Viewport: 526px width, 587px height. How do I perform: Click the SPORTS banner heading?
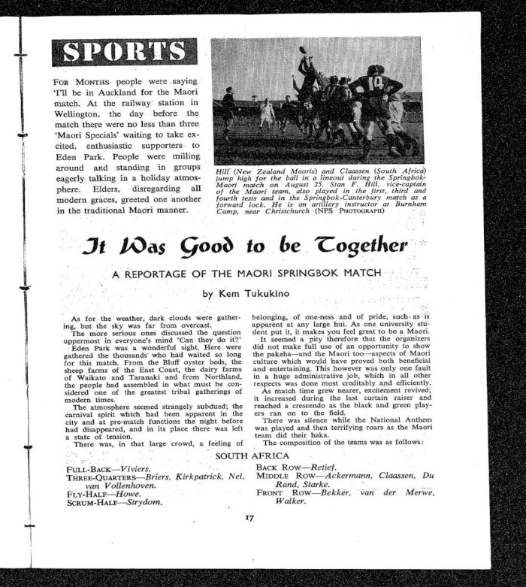point(124,52)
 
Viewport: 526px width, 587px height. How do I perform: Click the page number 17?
point(251,517)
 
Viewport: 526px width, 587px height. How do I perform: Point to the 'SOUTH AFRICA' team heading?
point(252,456)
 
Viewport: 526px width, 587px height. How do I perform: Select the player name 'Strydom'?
point(147,501)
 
